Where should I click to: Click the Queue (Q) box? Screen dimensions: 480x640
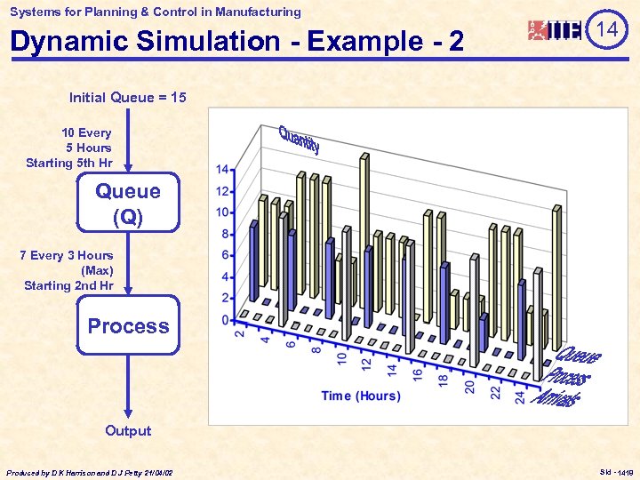pyautogui.click(x=128, y=204)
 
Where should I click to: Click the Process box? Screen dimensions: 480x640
pyautogui.click(x=128, y=326)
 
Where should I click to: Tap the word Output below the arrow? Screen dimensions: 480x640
pyautogui.click(x=128, y=431)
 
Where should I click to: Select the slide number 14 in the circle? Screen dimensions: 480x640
pyautogui.click(x=607, y=30)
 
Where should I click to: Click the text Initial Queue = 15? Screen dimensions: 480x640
pyautogui.click(x=128, y=98)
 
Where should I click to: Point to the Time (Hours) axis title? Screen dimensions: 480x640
pyautogui.click(x=361, y=396)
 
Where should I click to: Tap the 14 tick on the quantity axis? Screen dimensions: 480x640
pyautogui.click(x=223, y=169)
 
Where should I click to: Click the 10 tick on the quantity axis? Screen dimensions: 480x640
pyautogui.click(x=223, y=212)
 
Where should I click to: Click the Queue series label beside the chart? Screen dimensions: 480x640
pyautogui.click(x=579, y=355)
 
